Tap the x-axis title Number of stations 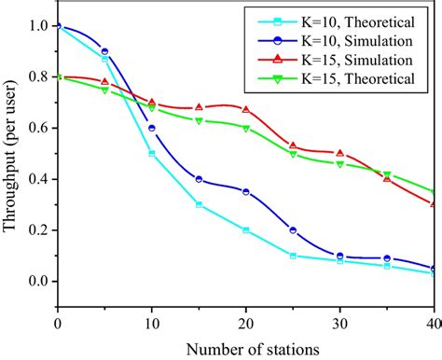tap(245, 348)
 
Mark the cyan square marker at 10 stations tap(152, 154)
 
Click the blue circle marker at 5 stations tap(104, 51)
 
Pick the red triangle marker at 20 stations tap(245, 109)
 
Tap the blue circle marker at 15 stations tap(199, 179)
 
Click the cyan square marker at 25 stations tap(293, 256)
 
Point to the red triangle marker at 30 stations tap(339, 153)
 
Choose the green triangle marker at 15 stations tap(199, 121)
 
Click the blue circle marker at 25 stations tap(293, 230)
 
